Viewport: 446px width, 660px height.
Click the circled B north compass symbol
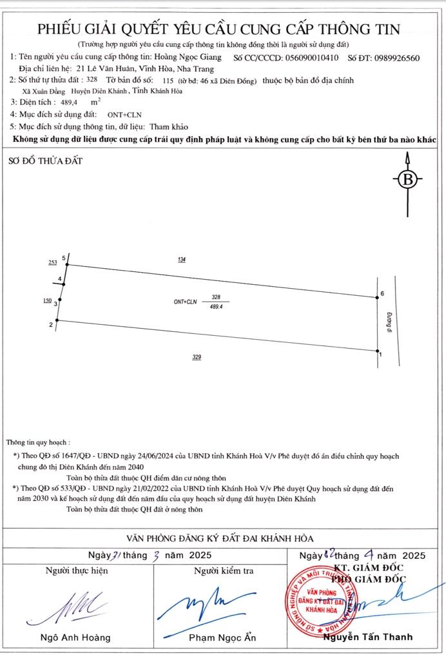click(407, 180)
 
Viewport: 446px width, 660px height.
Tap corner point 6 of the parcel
click(377, 297)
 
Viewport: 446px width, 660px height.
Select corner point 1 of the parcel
click(377, 351)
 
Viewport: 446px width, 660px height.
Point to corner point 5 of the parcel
click(68, 264)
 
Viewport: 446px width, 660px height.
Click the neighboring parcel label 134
click(182, 259)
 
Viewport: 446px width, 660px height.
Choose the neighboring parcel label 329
click(197, 356)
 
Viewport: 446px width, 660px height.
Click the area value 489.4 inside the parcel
click(216, 307)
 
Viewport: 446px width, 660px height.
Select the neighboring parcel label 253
click(52, 263)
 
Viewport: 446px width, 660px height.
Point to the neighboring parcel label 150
click(47, 300)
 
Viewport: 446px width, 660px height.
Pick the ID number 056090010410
click(311, 58)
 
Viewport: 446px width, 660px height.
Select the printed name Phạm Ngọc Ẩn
click(222, 637)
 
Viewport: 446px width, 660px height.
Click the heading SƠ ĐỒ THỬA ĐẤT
click(45, 160)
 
